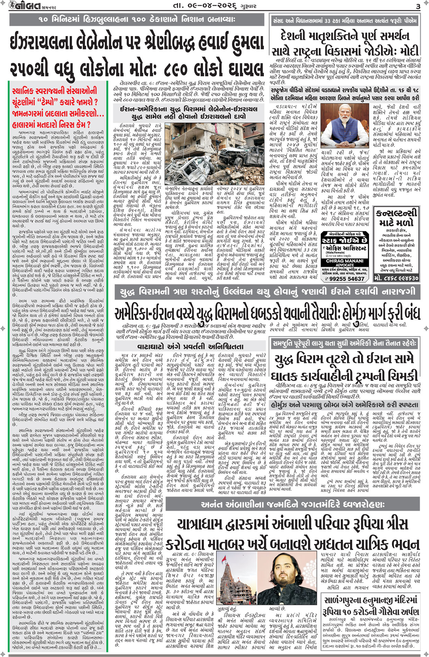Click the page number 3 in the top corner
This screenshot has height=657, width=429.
tap(418, 7)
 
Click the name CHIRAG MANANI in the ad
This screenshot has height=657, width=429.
tap(344, 261)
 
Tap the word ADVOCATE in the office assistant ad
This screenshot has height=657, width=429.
tap(344, 265)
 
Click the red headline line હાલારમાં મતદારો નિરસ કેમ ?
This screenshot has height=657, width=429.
tap(51, 124)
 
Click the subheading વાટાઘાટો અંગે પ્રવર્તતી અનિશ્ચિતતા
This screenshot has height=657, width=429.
tap(190, 346)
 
